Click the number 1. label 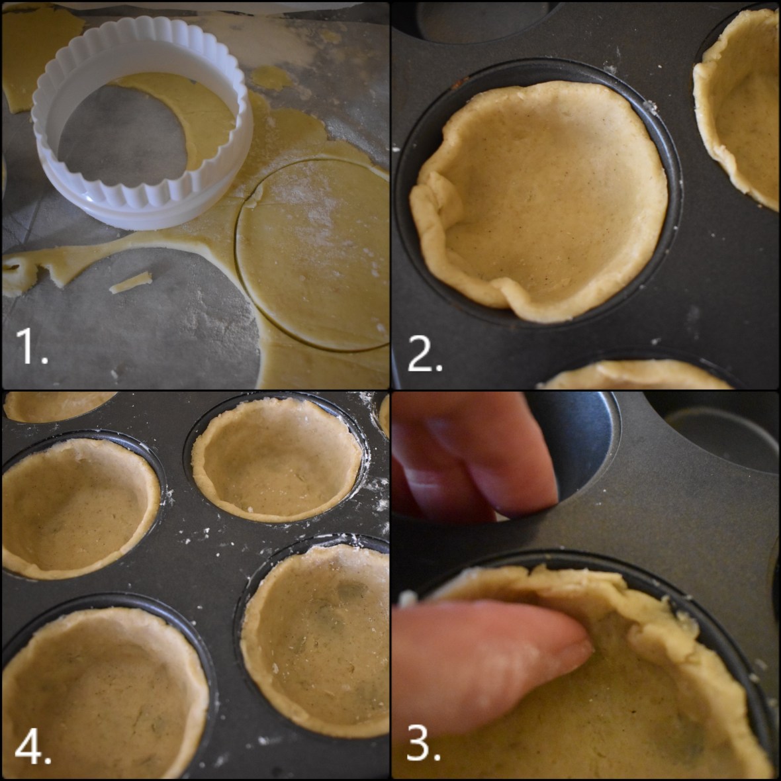coord(32,348)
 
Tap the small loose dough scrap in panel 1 coord(130,283)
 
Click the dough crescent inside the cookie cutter coord(192,113)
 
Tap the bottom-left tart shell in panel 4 coord(99,695)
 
